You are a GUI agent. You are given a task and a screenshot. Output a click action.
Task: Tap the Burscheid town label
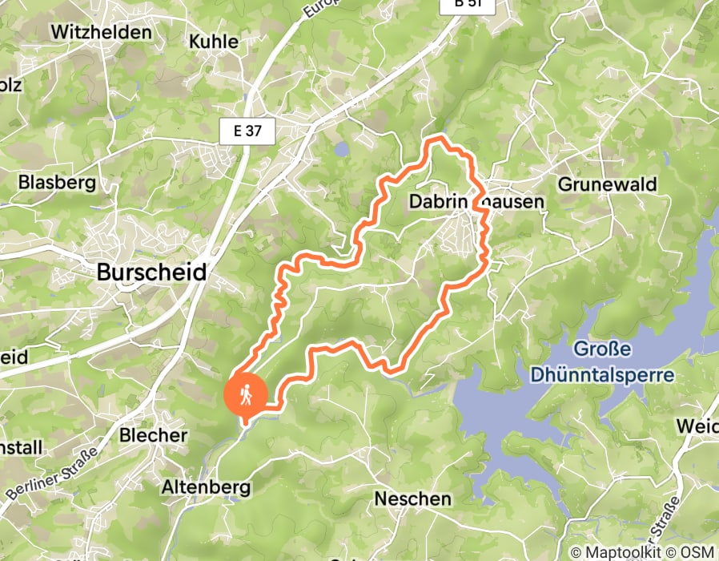(x=151, y=272)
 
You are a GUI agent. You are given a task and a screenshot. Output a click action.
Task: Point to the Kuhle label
(x=213, y=41)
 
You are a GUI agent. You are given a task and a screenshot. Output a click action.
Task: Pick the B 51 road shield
(x=468, y=5)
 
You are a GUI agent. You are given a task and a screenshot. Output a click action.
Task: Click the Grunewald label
(x=607, y=184)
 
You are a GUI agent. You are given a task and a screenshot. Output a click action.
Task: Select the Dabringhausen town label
(x=476, y=202)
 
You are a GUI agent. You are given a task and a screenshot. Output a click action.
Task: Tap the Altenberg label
(x=206, y=486)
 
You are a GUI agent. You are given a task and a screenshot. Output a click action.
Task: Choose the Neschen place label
(x=412, y=499)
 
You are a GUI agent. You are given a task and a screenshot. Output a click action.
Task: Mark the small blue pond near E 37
(x=342, y=149)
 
